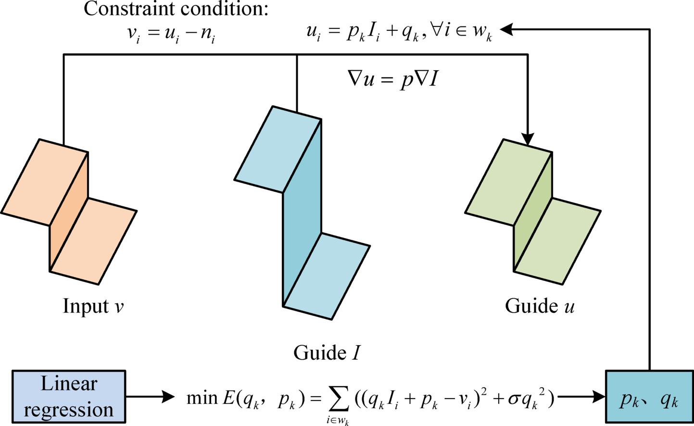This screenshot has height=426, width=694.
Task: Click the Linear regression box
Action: [68, 397]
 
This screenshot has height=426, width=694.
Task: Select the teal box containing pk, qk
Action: [649, 397]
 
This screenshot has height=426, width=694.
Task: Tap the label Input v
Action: [93, 306]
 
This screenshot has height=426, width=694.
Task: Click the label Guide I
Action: [327, 353]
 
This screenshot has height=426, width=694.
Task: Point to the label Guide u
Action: [540, 306]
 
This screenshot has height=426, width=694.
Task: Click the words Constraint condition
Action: [176, 9]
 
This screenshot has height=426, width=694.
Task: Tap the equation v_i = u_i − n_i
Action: [171, 35]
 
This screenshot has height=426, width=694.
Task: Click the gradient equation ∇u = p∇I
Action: [392, 79]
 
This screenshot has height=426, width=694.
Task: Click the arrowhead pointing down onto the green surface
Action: [528, 139]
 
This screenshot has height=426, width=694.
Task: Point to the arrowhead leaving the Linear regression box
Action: [168, 397]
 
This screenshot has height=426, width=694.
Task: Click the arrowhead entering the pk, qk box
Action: [599, 397]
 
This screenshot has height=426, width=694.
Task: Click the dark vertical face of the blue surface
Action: [302, 216]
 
